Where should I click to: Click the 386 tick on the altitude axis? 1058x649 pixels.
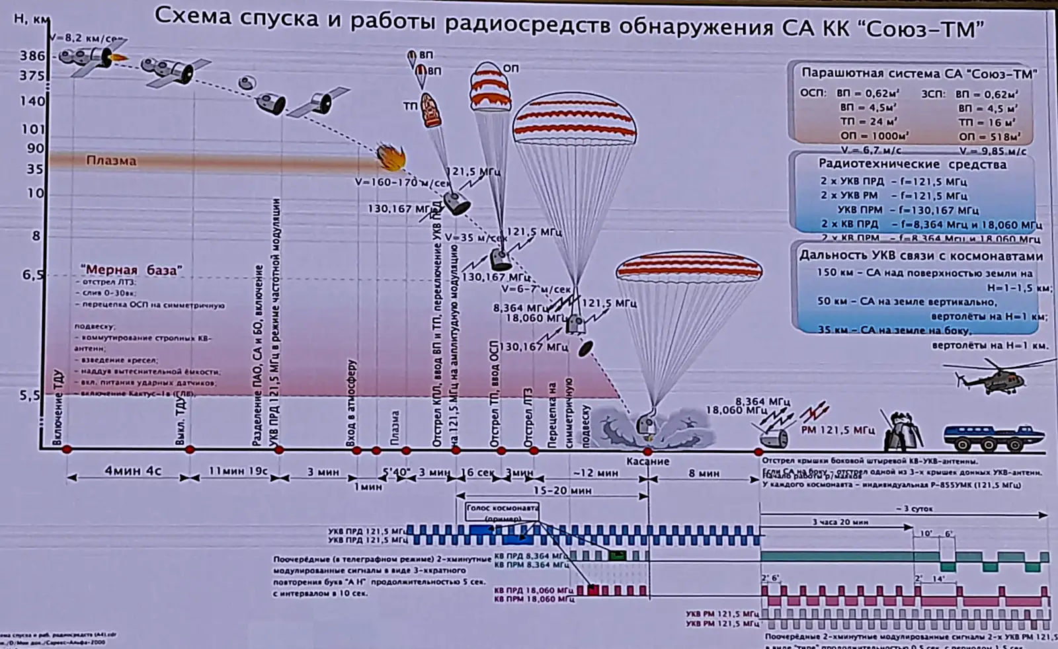(x=32, y=56)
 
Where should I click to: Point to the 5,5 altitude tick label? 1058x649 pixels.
(x=31, y=395)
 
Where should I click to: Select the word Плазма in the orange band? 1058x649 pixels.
(x=111, y=161)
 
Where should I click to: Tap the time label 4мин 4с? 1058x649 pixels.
(x=133, y=472)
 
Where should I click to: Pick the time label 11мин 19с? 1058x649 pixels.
(x=238, y=472)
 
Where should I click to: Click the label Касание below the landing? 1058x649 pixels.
(x=648, y=461)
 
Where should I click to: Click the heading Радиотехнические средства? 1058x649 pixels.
(x=913, y=164)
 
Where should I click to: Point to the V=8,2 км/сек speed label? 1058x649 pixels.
(x=86, y=38)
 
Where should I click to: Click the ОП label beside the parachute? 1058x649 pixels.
(x=511, y=69)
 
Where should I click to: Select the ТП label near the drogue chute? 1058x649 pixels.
(x=410, y=106)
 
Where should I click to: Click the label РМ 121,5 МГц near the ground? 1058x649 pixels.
(x=837, y=430)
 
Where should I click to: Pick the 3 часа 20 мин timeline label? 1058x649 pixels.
(x=840, y=521)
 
